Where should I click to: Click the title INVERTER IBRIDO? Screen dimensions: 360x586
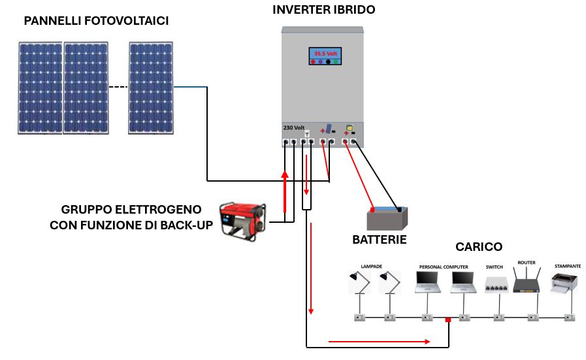click(324, 10)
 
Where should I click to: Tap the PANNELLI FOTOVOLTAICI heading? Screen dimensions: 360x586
click(97, 22)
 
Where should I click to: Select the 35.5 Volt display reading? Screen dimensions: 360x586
click(325, 53)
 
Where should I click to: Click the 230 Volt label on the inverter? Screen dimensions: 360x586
click(294, 127)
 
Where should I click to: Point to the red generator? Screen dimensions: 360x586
click(242, 218)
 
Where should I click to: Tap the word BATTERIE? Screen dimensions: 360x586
click(380, 240)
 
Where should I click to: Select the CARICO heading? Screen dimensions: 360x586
click(479, 247)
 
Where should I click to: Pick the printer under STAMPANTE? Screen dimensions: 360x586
click(564, 284)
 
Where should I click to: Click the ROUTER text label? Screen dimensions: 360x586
click(526, 262)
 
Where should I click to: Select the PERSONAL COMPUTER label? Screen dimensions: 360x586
click(444, 267)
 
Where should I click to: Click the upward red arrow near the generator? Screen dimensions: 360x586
click(285, 193)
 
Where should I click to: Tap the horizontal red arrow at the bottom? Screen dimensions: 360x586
click(379, 341)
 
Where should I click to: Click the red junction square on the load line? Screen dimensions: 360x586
click(448, 320)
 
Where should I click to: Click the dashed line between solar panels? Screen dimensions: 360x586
click(118, 88)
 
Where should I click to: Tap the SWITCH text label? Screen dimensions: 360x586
click(495, 267)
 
